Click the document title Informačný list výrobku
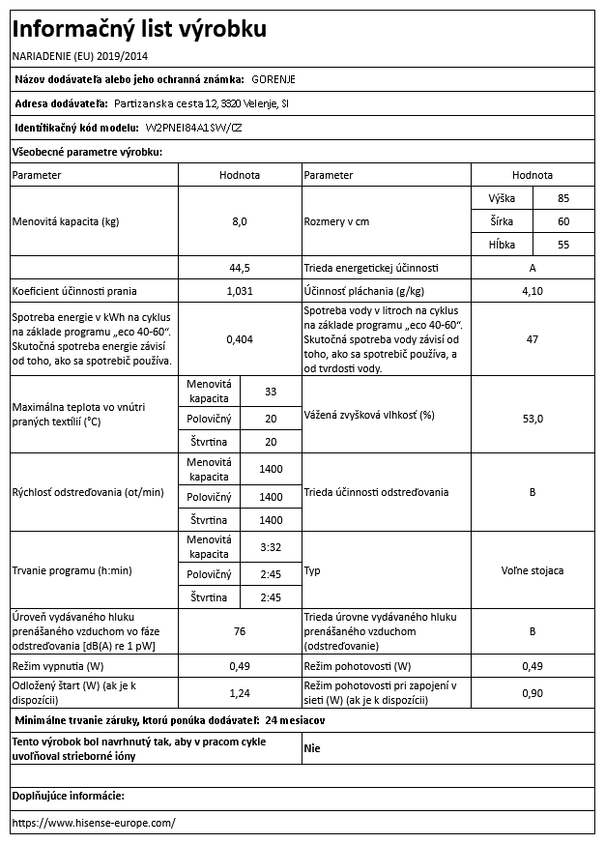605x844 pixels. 137,29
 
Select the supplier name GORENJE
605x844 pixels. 275,78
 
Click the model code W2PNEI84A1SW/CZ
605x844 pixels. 193,128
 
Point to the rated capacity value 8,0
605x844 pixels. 240,221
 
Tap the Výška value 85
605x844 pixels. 563,198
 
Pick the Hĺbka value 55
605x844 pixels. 563,246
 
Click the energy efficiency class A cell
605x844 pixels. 532,268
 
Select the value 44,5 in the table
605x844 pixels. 240,268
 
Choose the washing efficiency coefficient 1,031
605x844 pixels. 240,291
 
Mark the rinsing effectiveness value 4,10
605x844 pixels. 532,291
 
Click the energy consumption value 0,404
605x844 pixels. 240,339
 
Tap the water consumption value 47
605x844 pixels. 532,339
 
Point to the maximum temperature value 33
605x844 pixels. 271,392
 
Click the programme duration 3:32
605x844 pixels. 271,547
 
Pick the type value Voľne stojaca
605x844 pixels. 532,571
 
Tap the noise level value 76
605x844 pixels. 240,632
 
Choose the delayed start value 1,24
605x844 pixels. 240,693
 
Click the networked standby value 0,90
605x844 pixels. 532,693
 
